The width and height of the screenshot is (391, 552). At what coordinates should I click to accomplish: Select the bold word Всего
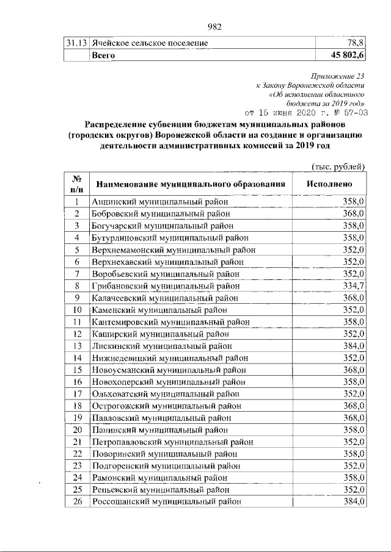pyautogui.click(x=103, y=55)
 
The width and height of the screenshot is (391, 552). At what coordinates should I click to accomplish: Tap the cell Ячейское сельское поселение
pyautogui.click(x=150, y=43)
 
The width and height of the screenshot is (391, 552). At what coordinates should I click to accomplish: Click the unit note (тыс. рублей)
pyautogui.click(x=338, y=167)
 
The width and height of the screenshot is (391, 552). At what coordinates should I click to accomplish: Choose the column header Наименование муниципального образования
pyautogui.click(x=188, y=184)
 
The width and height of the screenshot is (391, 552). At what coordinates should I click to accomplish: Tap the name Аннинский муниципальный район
pyautogui.click(x=161, y=201)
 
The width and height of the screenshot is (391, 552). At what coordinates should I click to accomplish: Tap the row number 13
pyautogui.click(x=78, y=345)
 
